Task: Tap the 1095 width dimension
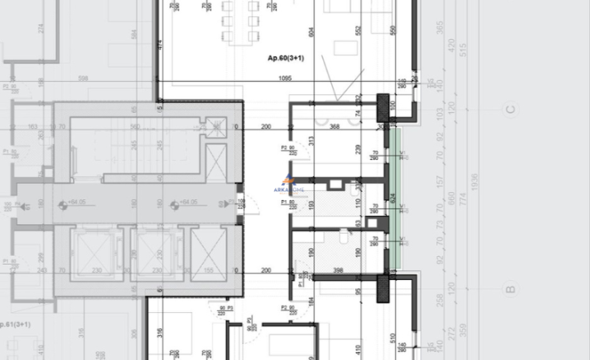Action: click(x=285, y=79)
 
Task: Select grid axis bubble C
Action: click(x=510, y=110)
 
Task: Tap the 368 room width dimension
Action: click(x=335, y=126)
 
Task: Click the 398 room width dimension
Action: click(x=339, y=271)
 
